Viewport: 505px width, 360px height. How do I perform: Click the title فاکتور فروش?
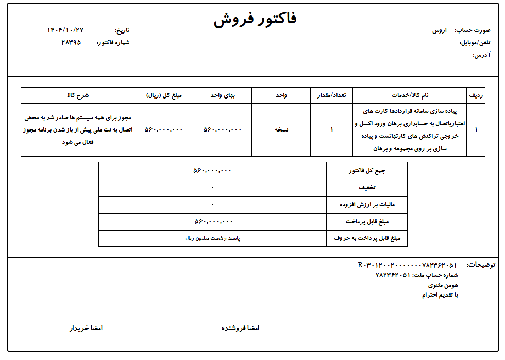tap(255, 20)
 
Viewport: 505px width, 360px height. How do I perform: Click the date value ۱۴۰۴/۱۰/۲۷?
tap(65, 30)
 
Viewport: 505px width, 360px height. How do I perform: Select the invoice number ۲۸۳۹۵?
tap(71, 42)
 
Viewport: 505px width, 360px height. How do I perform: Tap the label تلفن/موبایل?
tap(475, 43)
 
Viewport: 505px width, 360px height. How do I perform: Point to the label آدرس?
tap(481, 55)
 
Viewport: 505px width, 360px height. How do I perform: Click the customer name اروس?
tap(440, 30)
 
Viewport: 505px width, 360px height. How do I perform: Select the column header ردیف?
tap(476, 95)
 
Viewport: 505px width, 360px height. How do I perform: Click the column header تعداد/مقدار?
tap(332, 95)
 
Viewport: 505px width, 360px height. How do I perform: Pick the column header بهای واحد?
tap(222, 95)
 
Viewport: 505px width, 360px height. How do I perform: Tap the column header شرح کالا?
tap(78, 95)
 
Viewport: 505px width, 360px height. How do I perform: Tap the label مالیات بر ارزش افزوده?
tap(366, 205)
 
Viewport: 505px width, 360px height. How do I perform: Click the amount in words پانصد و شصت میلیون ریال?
tap(212, 238)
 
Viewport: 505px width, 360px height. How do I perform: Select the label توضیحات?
tap(481, 265)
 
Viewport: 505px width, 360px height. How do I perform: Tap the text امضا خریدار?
tap(86, 328)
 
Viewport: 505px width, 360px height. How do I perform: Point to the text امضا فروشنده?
tap(240, 328)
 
